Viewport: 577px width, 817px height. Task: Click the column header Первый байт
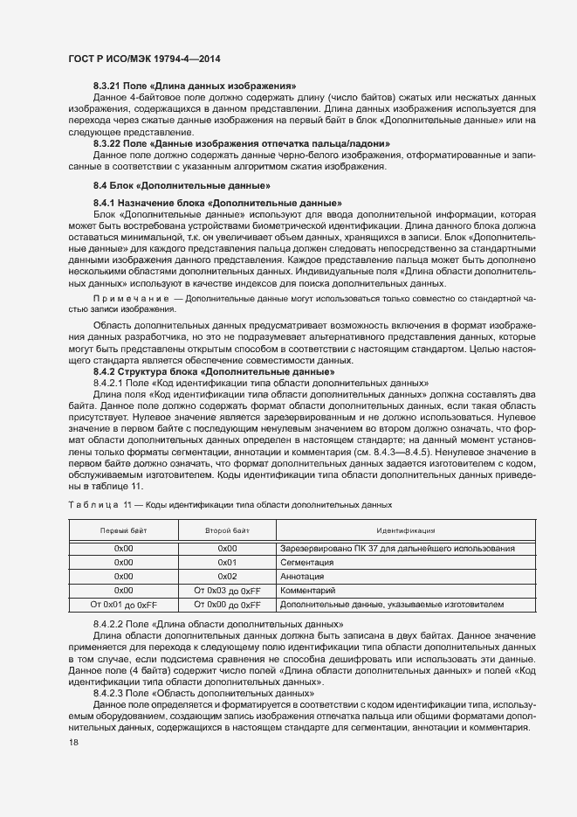123,530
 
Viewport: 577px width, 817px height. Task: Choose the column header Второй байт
227,530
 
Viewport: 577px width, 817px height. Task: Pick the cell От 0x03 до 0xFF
227,591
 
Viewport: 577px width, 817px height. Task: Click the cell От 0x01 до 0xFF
123,605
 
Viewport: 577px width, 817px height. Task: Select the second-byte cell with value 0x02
227,577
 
